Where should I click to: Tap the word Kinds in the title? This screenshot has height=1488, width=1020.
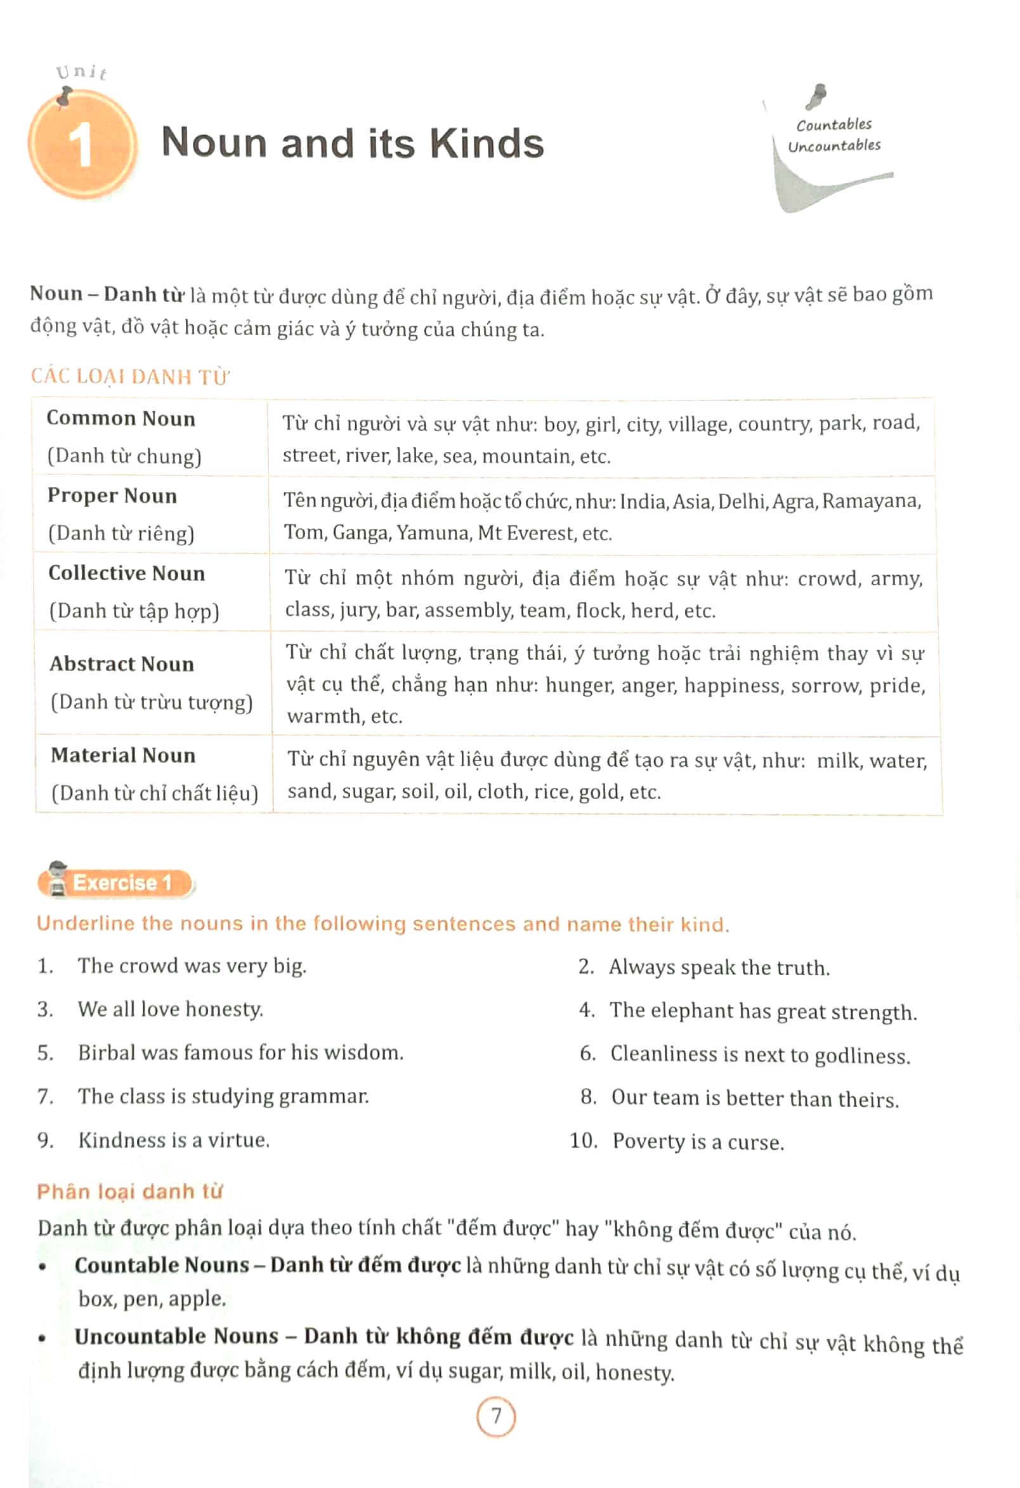[487, 143]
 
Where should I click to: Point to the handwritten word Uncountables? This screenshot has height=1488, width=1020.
[834, 147]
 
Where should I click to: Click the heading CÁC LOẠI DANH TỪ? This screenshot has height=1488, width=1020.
[130, 376]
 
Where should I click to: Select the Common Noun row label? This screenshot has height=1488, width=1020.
[121, 419]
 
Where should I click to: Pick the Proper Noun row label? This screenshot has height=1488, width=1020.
[113, 496]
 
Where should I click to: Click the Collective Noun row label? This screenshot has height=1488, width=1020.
[128, 574]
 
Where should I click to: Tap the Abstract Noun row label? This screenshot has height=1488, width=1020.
[122, 664]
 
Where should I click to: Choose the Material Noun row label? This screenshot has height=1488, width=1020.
[124, 755]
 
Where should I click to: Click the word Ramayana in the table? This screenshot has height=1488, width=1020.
[871, 501]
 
